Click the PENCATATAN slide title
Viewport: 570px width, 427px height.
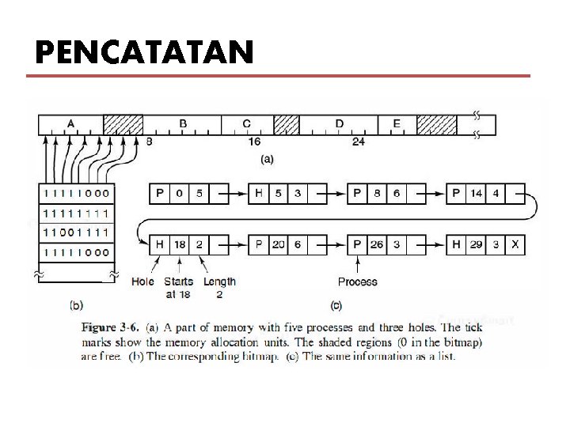coord(144,53)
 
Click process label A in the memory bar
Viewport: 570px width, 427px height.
coord(71,123)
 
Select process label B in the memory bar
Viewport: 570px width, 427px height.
coord(183,123)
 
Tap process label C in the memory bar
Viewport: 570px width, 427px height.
coord(247,123)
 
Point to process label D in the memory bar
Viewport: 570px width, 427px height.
coord(339,123)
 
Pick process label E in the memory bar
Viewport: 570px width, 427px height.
coord(397,123)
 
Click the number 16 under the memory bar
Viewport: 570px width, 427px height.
coord(254,142)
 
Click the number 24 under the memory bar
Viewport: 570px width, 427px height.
coord(358,142)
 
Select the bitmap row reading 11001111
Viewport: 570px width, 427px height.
coord(77,232)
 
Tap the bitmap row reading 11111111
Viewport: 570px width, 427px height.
coord(77,213)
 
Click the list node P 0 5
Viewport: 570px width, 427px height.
coord(180,192)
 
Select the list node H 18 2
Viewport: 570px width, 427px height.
coord(180,244)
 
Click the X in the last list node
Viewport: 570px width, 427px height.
coord(515,244)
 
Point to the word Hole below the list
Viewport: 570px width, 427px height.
coord(142,282)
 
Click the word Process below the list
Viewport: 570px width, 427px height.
coord(358,282)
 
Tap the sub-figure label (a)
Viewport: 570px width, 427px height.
coord(268,159)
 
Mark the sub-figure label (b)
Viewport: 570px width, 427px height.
coord(77,303)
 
